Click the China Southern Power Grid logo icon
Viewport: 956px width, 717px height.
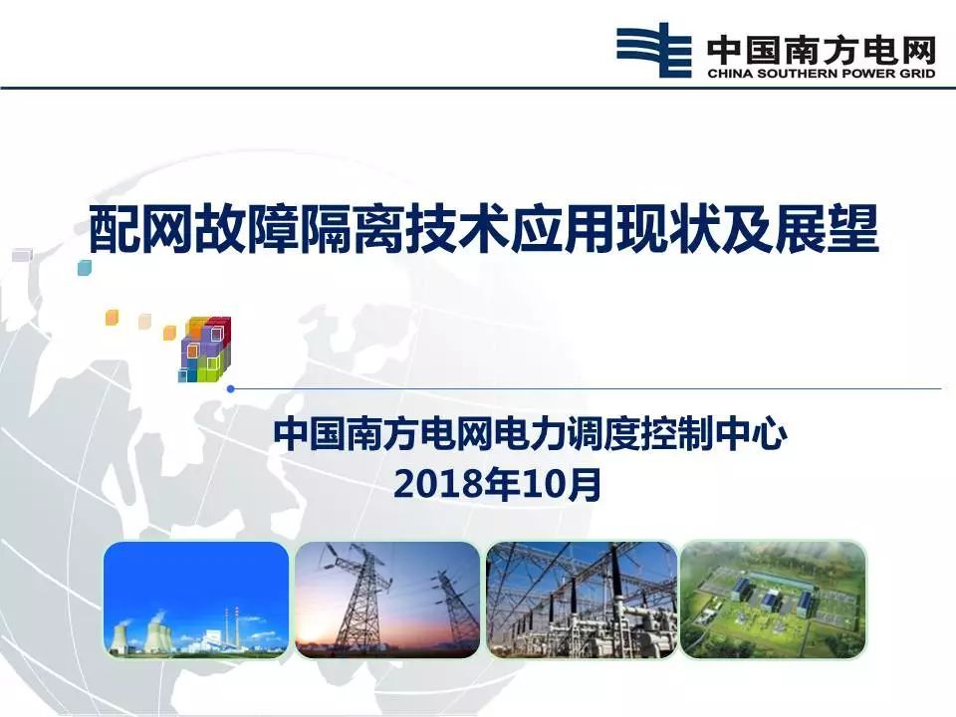point(653,50)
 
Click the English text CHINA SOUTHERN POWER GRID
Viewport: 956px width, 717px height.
point(821,73)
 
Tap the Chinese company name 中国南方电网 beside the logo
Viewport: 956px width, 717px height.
point(821,46)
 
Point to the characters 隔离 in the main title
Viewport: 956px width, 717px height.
point(384,230)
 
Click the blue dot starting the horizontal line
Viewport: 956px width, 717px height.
point(231,388)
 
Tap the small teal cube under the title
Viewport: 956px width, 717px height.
point(85,267)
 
